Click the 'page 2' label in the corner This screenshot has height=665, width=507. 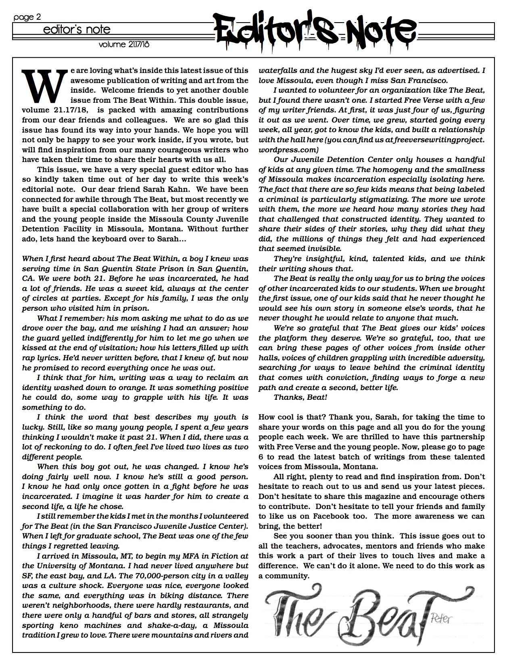click(27, 17)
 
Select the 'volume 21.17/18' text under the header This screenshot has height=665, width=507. click(124, 45)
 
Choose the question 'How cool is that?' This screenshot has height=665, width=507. click(292, 417)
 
